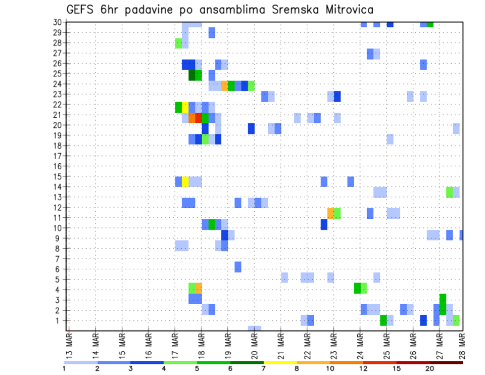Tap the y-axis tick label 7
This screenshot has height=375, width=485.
coord(59,259)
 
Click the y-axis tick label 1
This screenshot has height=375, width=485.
coord(59,320)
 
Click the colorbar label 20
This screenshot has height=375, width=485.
coord(429,368)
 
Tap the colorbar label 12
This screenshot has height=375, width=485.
coord(364,368)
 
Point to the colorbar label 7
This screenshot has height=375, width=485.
coord(264,368)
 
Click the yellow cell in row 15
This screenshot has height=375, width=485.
coord(185,181)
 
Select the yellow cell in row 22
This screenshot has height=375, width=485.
coord(185,107)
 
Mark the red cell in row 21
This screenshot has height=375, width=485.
coord(199,118)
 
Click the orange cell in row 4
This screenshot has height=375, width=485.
coord(199,288)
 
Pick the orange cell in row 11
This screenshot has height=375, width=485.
coord(331,213)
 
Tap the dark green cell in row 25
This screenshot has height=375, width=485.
coord(192,75)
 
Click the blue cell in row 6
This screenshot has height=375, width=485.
coord(238,267)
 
